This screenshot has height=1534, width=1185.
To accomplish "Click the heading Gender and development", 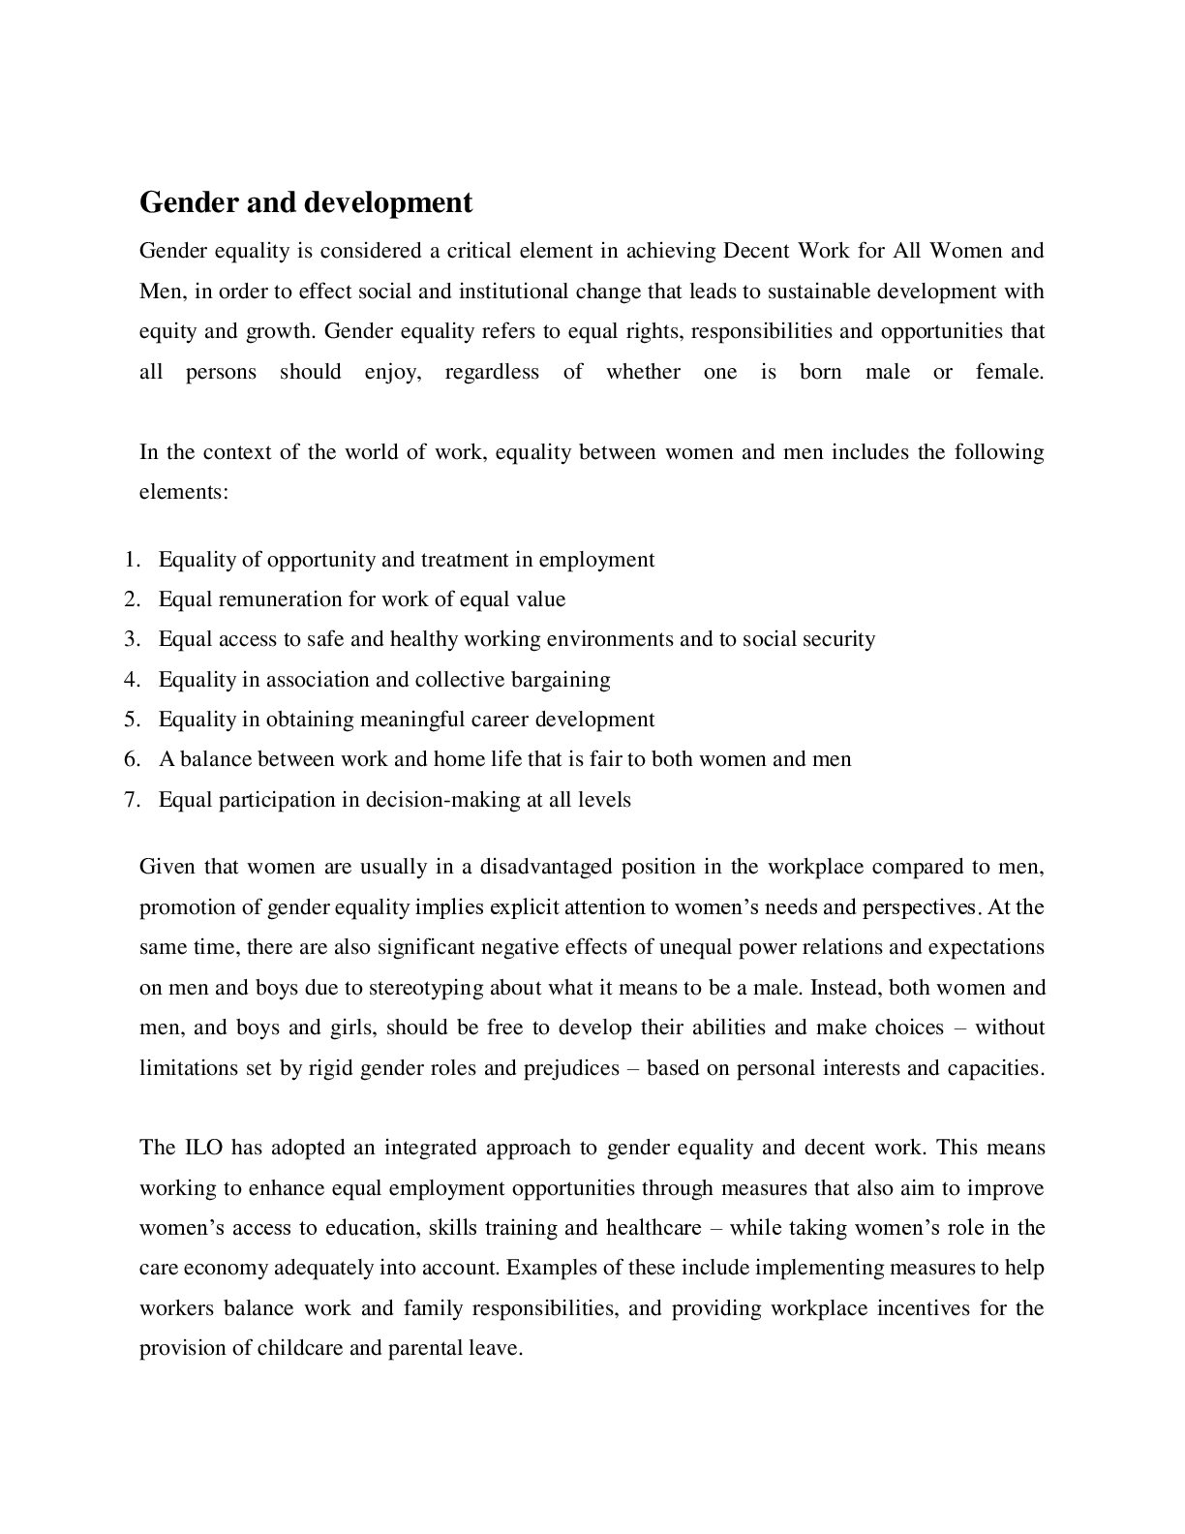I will click(x=306, y=202).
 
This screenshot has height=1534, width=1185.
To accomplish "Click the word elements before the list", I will click(x=182, y=492).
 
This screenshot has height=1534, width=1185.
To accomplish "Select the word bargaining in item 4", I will click(x=562, y=680).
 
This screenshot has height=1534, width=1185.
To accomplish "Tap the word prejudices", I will click(x=571, y=1068).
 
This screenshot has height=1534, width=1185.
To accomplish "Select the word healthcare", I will click(x=653, y=1228).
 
